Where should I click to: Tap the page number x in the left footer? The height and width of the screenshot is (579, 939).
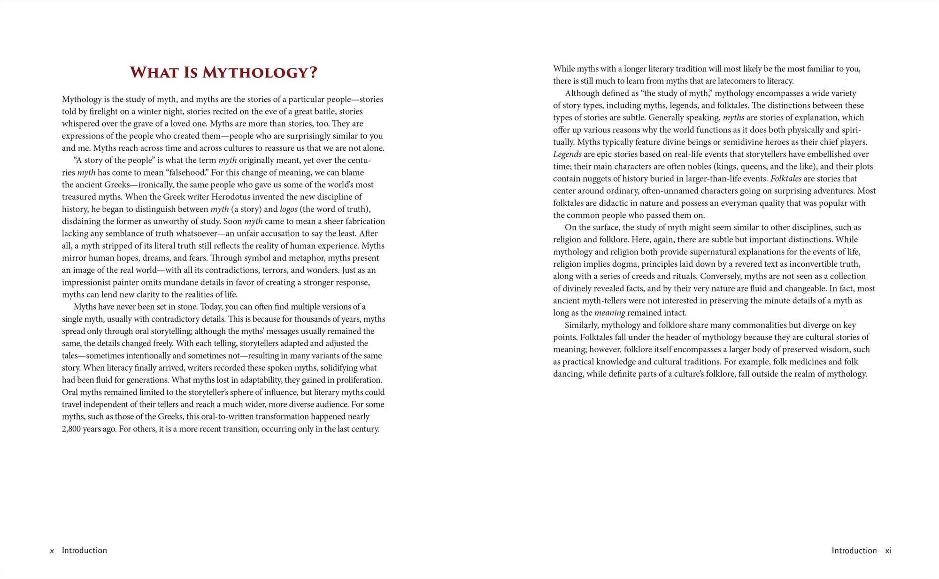52,551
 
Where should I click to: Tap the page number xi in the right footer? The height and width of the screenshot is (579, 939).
888,551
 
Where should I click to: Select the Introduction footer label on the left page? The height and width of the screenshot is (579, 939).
85,550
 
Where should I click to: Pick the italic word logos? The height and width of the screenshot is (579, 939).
289,209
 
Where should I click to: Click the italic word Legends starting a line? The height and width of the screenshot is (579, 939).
567,154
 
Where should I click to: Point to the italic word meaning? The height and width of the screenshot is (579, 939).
609,313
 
